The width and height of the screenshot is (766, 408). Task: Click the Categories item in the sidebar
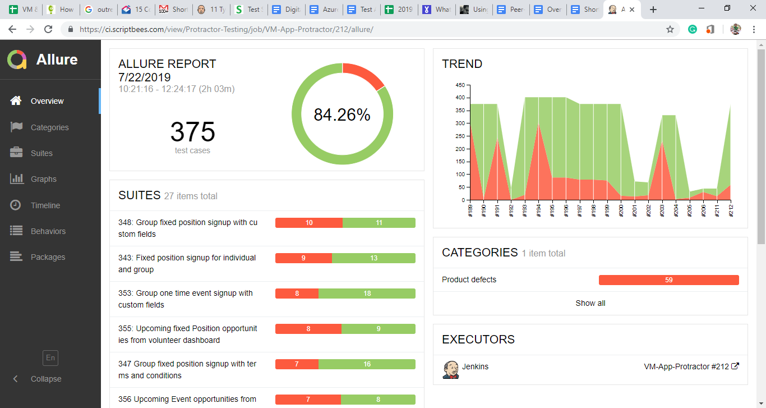click(x=49, y=127)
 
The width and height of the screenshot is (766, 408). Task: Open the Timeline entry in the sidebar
click(x=45, y=205)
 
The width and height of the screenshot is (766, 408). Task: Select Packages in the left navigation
click(x=48, y=257)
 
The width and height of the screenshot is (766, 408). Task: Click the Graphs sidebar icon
click(x=17, y=179)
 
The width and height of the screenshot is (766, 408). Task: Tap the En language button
click(x=50, y=358)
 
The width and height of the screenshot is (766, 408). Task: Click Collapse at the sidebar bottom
click(x=45, y=379)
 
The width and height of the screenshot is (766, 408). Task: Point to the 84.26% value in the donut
click(x=342, y=114)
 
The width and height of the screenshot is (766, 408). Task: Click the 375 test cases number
click(x=192, y=132)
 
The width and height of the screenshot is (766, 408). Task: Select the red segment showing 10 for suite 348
click(x=309, y=223)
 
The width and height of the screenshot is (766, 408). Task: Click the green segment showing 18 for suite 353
click(x=367, y=294)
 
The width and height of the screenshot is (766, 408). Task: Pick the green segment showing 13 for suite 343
click(x=373, y=258)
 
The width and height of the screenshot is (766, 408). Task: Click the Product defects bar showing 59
click(x=668, y=280)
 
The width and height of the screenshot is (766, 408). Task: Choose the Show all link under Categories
click(x=590, y=303)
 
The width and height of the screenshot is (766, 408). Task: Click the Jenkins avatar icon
click(x=450, y=369)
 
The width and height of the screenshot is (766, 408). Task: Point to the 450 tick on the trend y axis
click(x=460, y=85)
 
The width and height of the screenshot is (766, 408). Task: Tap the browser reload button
click(x=48, y=29)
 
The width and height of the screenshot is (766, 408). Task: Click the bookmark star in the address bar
click(x=670, y=29)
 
